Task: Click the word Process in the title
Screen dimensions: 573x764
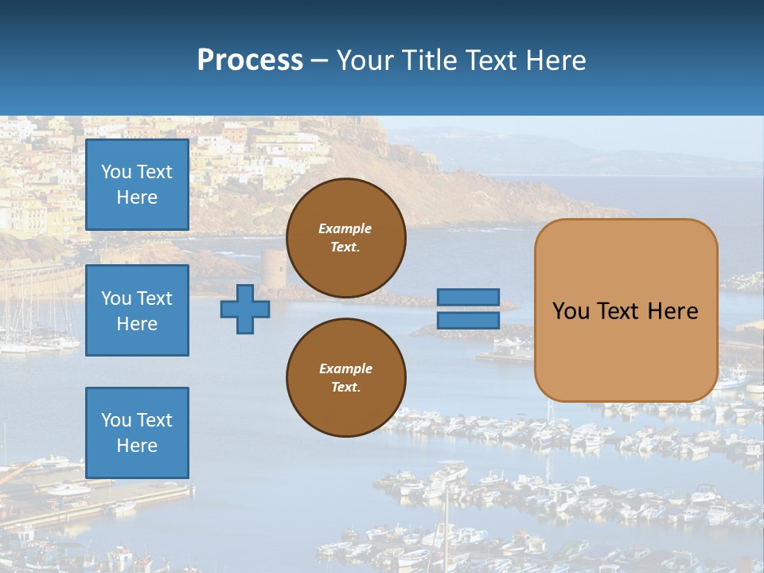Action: tap(250, 60)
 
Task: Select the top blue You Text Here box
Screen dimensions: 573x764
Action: tap(137, 185)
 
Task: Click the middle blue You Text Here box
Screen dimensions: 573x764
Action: tap(137, 310)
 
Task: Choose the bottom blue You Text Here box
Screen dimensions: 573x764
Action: tap(137, 432)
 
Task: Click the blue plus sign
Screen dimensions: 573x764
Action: tap(245, 309)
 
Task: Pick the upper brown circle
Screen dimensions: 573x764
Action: tap(345, 238)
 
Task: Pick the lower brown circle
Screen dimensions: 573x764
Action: tap(345, 377)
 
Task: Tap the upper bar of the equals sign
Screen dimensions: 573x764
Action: tap(468, 298)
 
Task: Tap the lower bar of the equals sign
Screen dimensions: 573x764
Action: tap(468, 320)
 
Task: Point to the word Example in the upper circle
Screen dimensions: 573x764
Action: tap(345, 228)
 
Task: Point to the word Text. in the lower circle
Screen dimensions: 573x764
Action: tap(345, 387)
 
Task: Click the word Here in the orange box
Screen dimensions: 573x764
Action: tap(672, 310)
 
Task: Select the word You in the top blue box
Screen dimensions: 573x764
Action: tap(116, 172)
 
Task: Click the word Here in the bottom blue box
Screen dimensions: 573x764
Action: tap(137, 446)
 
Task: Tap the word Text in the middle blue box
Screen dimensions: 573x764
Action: tap(154, 298)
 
